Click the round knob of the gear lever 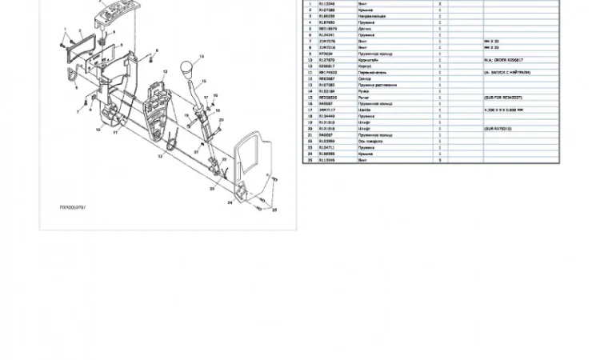click(190, 66)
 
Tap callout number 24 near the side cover click(230, 202)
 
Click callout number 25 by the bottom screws click(275, 210)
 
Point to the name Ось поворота click(370, 141)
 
